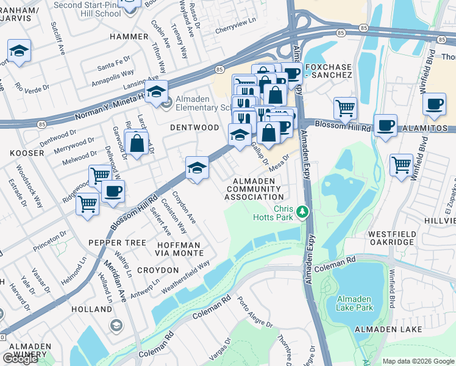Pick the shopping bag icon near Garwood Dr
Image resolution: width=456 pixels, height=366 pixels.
point(138,144)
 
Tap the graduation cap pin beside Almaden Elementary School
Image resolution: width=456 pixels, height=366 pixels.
point(157,92)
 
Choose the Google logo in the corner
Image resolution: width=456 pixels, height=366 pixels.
point(20,359)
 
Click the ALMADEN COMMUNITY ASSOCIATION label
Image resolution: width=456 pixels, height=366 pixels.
point(254,189)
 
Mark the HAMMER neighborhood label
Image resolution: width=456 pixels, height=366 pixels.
point(129,37)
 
